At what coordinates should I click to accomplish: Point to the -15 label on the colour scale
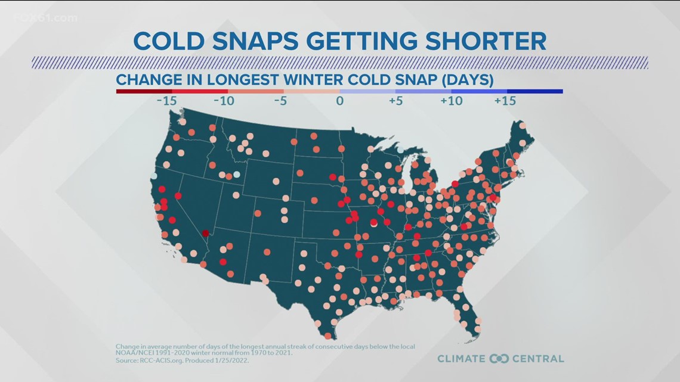point(166,101)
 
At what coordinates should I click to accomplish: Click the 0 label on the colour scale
point(339,101)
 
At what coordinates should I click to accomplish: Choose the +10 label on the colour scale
point(452,101)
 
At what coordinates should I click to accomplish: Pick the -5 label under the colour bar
point(280,101)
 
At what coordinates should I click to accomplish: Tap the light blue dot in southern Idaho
point(237,175)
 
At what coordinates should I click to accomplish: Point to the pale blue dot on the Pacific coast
point(154,176)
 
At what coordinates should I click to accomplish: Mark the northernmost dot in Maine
point(523,126)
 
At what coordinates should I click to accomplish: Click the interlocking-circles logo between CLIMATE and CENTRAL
point(498,358)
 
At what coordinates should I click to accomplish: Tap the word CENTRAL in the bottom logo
point(535,358)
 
